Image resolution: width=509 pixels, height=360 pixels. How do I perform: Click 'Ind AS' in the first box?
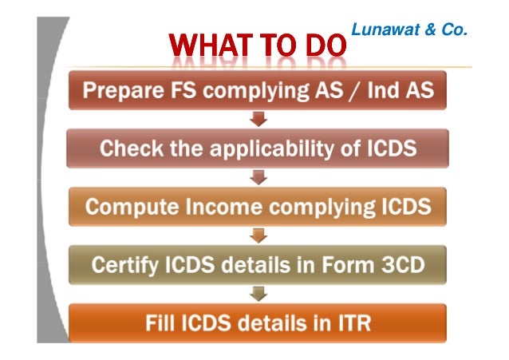[404, 90]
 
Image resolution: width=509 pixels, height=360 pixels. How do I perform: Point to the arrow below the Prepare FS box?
[258, 121]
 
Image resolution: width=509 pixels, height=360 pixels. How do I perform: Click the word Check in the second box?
[128, 148]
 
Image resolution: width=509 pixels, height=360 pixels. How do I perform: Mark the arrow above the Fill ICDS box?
[258, 295]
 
